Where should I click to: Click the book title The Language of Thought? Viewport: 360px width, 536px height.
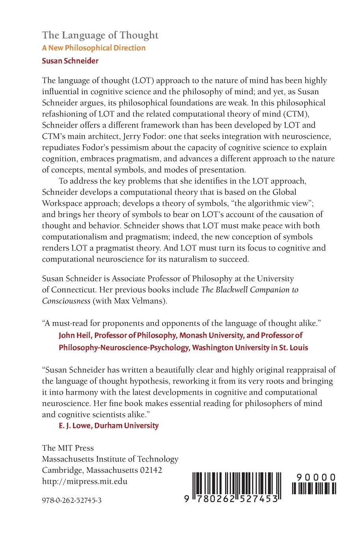tap(100, 35)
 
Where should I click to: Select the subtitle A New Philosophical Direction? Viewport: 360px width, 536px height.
tap(94, 48)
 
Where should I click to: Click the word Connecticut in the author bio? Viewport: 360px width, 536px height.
tap(73, 290)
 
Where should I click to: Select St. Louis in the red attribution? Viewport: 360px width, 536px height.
tap(294, 348)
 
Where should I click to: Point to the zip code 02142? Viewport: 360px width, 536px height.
tap(150, 471)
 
